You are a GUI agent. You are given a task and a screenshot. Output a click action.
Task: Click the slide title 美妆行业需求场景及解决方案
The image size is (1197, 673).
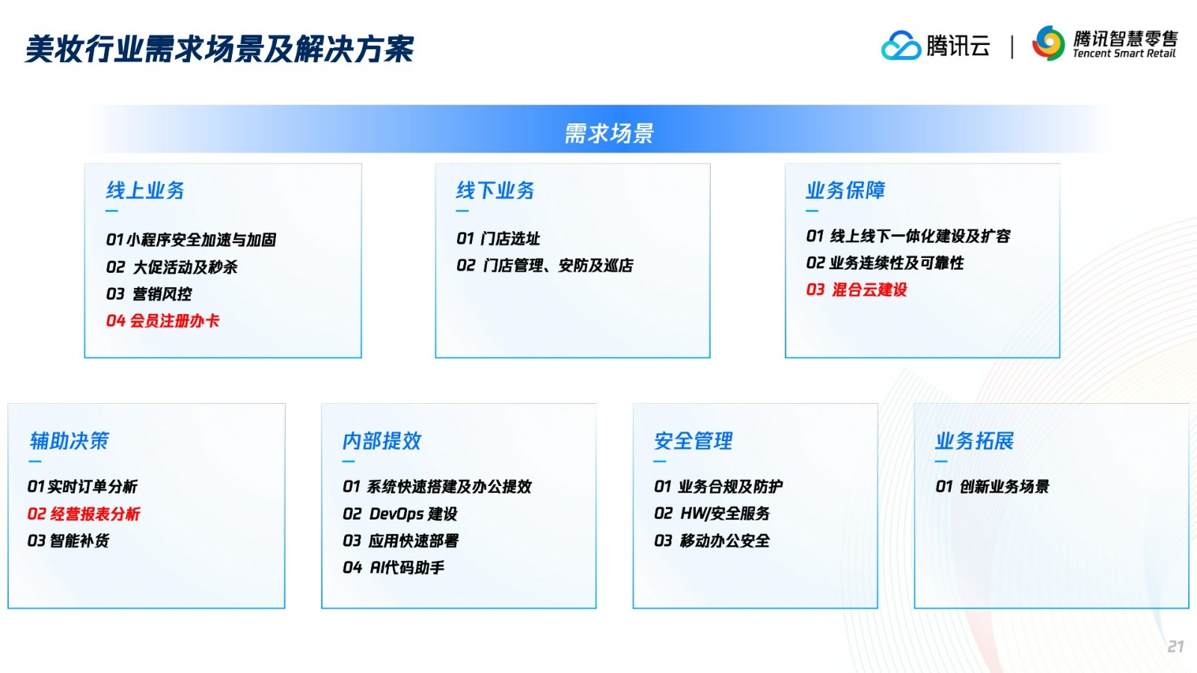click(220, 49)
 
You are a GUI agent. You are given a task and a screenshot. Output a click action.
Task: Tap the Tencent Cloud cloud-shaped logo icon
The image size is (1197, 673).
click(901, 46)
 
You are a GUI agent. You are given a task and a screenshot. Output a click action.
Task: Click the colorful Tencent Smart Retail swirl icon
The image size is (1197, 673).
click(1048, 43)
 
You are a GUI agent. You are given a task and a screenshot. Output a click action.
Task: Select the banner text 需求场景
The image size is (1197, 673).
click(609, 133)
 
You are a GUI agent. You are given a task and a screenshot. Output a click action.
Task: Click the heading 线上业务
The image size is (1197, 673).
click(145, 190)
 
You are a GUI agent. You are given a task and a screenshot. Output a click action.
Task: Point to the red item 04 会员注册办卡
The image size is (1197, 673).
click(162, 321)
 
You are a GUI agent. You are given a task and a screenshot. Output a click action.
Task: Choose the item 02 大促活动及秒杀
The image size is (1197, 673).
click(171, 266)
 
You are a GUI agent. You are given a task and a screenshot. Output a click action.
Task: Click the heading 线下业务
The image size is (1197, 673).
click(495, 190)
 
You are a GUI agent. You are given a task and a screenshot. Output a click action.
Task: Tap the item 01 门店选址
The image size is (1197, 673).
click(498, 239)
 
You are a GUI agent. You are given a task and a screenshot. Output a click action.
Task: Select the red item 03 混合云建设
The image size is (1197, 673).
click(857, 289)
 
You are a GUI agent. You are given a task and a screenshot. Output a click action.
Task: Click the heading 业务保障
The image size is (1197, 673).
click(845, 190)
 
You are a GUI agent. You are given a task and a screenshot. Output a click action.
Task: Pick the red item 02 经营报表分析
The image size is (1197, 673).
click(83, 514)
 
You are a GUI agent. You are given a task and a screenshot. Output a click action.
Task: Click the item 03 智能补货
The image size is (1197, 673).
click(68, 541)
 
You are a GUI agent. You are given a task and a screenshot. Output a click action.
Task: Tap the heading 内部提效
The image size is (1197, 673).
click(382, 440)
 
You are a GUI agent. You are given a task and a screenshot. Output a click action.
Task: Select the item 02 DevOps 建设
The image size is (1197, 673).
click(400, 514)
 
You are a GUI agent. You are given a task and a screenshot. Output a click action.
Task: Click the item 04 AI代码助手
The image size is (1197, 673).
click(394, 568)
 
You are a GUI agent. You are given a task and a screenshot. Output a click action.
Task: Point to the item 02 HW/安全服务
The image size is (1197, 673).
click(711, 513)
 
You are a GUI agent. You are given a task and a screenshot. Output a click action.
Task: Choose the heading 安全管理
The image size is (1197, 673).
click(693, 440)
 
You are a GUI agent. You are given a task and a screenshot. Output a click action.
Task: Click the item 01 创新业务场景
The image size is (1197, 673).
click(992, 486)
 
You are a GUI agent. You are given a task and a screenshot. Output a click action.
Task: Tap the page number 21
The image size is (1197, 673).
click(1175, 646)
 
